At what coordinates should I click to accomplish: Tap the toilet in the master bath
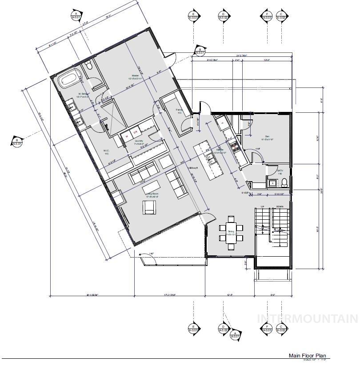pyautogui.click(x=88, y=66)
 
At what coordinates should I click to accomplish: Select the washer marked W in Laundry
pyautogui.click(x=126, y=136)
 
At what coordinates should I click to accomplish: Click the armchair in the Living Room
pyautogui.click(x=149, y=207)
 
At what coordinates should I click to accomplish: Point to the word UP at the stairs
pyautogui.click(x=262, y=207)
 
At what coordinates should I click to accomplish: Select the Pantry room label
pyautogui.click(x=180, y=111)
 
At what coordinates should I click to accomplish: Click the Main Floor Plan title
pyautogui.click(x=308, y=355)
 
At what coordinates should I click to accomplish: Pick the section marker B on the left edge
pyautogui.click(x=17, y=142)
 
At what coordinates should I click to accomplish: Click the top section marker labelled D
pyautogui.click(x=223, y=16)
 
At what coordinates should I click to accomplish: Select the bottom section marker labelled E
pyautogui.click(x=193, y=329)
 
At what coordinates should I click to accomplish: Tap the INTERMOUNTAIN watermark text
pyautogui.click(x=308, y=318)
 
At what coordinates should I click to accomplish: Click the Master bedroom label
pyautogui.click(x=136, y=77)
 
